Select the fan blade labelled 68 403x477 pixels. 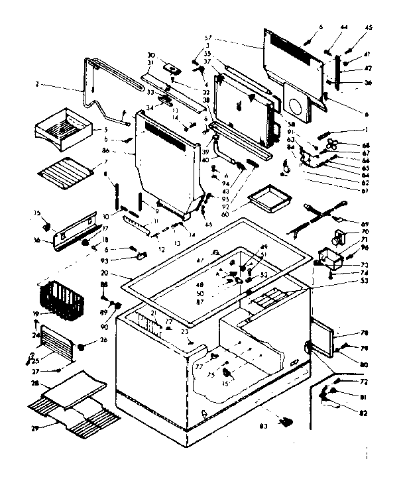[332, 144]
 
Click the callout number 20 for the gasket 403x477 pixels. [104, 273]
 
